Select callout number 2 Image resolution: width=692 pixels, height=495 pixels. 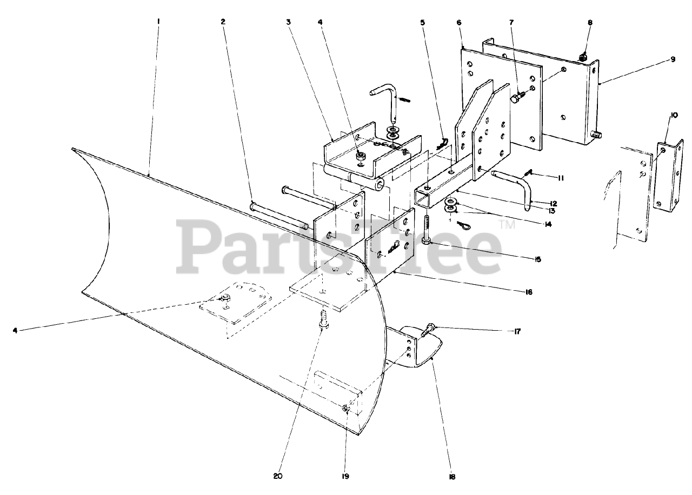(x=223, y=22)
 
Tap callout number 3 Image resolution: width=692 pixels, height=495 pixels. (x=289, y=22)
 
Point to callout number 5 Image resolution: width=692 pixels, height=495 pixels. (x=422, y=22)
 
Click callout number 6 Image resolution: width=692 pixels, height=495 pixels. (x=458, y=23)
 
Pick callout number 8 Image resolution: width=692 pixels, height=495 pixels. (x=590, y=22)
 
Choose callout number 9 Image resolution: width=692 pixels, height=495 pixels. (x=673, y=59)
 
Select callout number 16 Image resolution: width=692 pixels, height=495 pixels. (x=528, y=292)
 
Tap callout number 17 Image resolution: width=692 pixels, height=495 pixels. (x=517, y=331)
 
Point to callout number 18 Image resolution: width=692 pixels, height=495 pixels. (x=452, y=477)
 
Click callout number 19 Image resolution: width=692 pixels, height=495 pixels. (x=345, y=477)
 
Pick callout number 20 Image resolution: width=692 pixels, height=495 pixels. (x=278, y=477)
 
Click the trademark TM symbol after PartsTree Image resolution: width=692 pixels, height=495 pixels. (x=508, y=225)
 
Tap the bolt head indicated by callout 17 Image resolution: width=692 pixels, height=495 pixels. (x=429, y=327)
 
